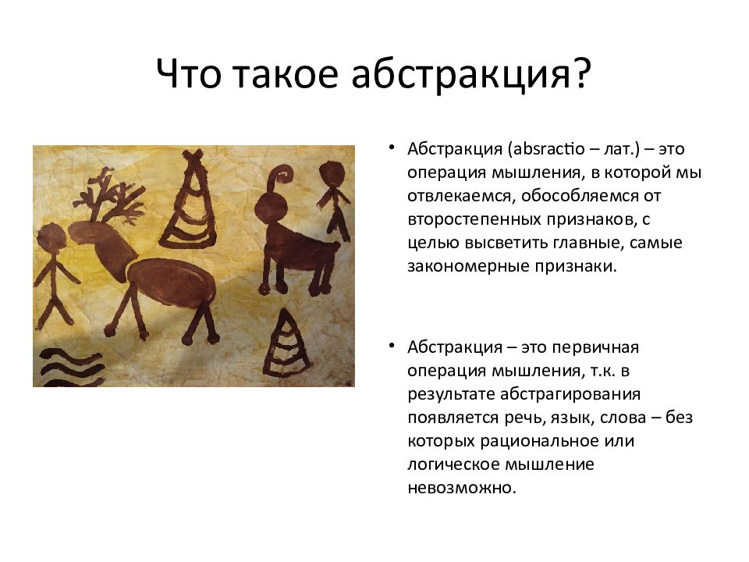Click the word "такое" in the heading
[286, 75]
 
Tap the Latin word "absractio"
[548, 148]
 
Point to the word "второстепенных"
[474, 220]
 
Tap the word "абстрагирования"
[570, 394]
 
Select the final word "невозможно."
[462, 488]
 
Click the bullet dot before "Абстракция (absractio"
[392, 148]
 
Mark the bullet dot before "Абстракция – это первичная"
[392, 346]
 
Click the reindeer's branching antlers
[108, 196]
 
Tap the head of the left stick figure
[51, 237]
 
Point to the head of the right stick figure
[332, 173]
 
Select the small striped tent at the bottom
[286, 343]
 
